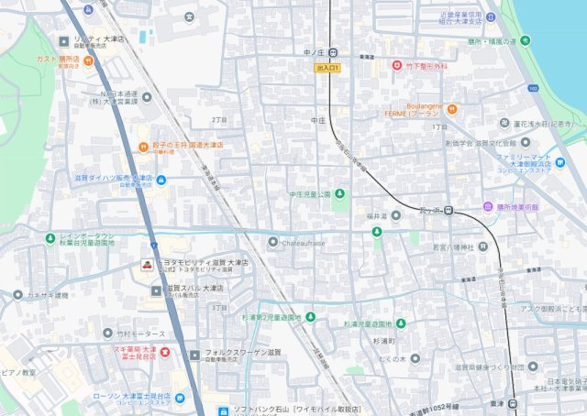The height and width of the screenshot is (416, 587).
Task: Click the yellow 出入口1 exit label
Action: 327,68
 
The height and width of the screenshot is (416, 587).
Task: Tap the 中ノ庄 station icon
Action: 334,52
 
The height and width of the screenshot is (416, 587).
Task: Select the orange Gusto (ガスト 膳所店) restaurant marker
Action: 87,61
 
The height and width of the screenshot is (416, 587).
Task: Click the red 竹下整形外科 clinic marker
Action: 397,66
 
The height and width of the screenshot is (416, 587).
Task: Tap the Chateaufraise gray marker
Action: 272,242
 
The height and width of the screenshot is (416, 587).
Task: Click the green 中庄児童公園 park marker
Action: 339,193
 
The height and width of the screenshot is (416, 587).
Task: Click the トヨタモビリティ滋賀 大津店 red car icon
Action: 146,266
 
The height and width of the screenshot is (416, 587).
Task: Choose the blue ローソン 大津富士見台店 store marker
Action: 180,397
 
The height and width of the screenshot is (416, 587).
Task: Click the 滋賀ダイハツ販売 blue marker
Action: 161,180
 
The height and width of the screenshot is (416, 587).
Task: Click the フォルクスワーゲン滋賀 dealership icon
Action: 194,355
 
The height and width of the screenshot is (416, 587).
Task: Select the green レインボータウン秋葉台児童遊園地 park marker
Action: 50,239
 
